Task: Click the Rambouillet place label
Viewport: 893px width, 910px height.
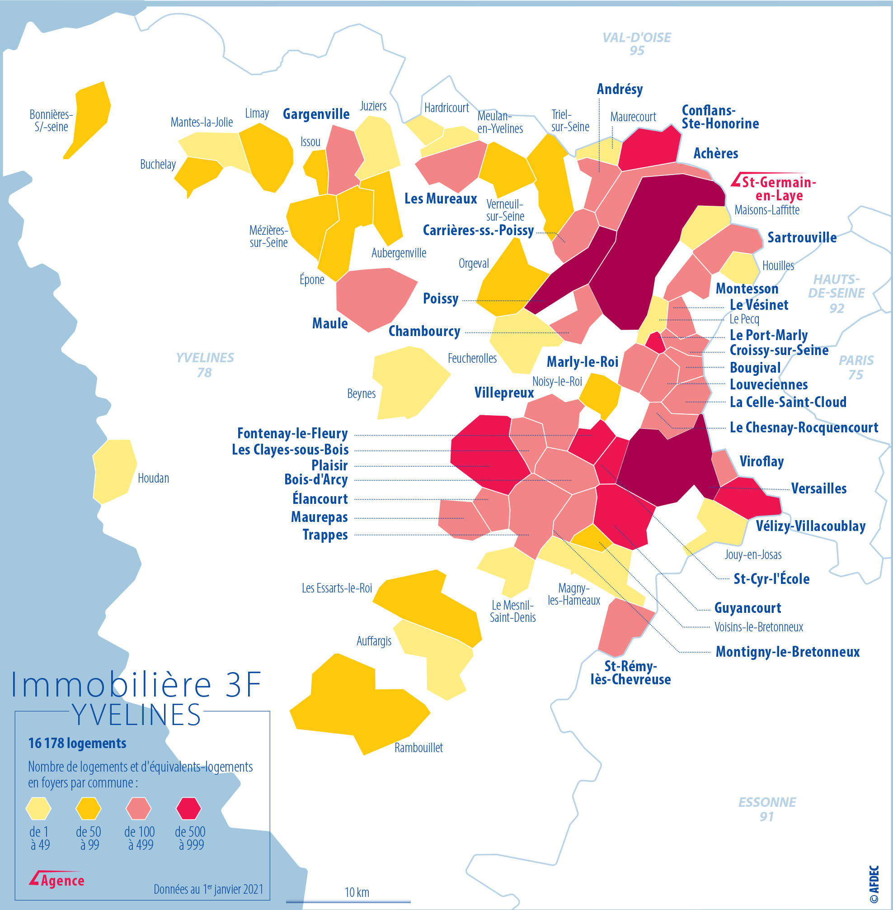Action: tap(418, 748)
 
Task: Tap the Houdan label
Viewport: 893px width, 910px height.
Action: tap(153, 478)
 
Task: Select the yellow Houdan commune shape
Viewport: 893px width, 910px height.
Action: tap(114, 471)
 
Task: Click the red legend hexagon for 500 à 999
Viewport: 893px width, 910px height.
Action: tap(188, 808)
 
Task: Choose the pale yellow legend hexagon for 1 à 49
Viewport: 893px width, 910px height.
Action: tap(38, 808)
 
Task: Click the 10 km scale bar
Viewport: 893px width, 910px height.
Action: tap(348, 901)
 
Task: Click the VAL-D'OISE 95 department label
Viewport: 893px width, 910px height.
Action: tap(636, 44)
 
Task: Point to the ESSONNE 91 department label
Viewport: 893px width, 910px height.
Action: tap(767, 809)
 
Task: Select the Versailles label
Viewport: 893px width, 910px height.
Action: tap(818, 488)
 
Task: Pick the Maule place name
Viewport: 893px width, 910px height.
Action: tap(330, 323)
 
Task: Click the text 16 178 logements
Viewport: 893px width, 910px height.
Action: tap(77, 744)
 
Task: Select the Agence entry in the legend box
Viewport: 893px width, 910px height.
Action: tap(57, 881)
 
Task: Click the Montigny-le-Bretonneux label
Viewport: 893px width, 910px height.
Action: tap(787, 652)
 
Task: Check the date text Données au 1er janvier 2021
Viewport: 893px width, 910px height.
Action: tap(208, 889)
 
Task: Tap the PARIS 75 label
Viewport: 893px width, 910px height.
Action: tap(855, 367)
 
